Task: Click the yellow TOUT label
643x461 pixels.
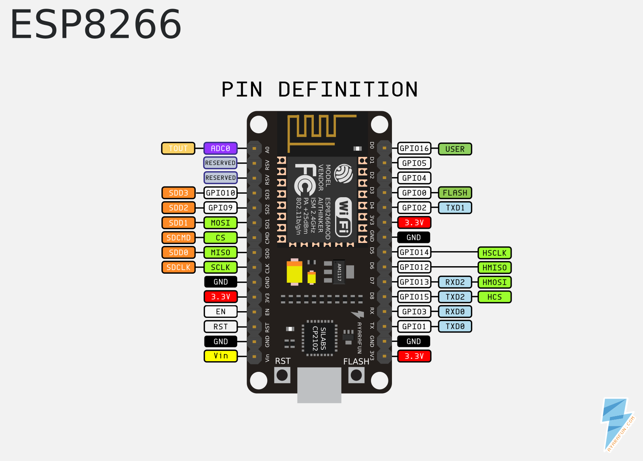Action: pos(178,148)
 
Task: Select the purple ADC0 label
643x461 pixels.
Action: pos(220,148)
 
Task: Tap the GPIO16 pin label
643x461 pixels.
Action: pos(414,148)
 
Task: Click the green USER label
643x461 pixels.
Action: pos(455,149)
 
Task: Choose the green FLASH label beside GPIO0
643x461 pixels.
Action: pos(455,193)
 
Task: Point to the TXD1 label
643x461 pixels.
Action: pos(455,208)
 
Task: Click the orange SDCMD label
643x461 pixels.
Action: pos(178,238)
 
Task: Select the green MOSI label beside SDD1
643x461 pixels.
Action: pos(220,223)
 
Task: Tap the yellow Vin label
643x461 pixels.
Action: pos(220,356)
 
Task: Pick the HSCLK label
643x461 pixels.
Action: pos(494,253)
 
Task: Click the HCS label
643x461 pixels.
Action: pos(494,297)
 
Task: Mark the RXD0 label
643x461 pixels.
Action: pos(455,312)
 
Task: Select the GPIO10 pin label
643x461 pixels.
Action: pos(220,193)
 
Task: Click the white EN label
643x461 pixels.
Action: pos(220,312)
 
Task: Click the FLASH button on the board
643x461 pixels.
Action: pos(356,375)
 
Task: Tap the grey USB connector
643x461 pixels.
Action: pos(319,385)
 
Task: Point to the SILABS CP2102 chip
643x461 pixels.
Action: pos(319,338)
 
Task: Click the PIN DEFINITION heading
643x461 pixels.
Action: pos(319,90)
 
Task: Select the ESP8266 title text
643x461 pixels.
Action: pos(96,25)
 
